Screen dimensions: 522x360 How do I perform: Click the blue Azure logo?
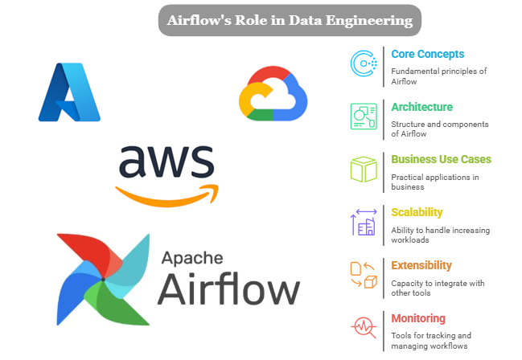pyautogui.click(x=69, y=92)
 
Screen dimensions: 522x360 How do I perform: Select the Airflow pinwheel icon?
pyautogui.click(x=102, y=277)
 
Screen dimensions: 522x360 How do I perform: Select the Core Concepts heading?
pyautogui.click(x=427, y=55)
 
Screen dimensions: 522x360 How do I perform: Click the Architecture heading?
pyautogui.click(x=421, y=107)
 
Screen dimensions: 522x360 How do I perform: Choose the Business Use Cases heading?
pyautogui.click(x=441, y=160)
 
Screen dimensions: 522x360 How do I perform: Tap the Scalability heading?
pyautogui.click(x=417, y=213)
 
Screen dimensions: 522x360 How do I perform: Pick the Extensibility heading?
pyautogui.click(x=421, y=265)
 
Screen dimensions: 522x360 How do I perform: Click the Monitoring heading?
pyautogui.click(x=418, y=318)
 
